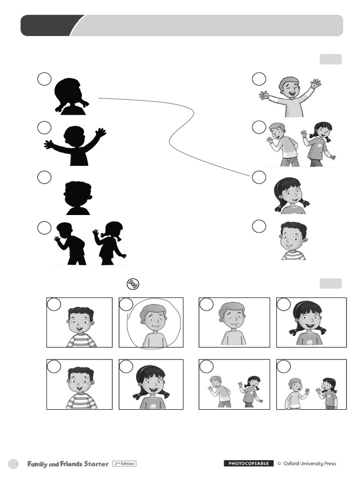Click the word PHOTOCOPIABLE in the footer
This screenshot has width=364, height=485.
pyautogui.click(x=248, y=463)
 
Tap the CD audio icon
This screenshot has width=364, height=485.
pyautogui.click(x=133, y=284)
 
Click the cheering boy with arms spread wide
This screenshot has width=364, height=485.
pyautogui.click(x=290, y=97)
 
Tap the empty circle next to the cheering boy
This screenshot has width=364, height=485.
pyautogui.click(x=259, y=79)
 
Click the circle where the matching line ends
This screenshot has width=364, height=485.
pyautogui.click(x=259, y=177)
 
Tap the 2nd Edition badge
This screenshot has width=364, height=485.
pyautogui.click(x=124, y=464)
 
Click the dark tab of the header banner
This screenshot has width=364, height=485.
pyautogui.click(x=49, y=26)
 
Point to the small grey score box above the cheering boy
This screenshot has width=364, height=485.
pyautogui.click(x=330, y=59)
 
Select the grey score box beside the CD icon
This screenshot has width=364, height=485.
pyautogui.click(x=330, y=283)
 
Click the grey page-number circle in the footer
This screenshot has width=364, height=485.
pyautogui.click(x=13, y=464)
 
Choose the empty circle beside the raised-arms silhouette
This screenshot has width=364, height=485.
pyautogui.click(x=44, y=128)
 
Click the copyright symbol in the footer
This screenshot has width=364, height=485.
pyautogui.click(x=279, y=464)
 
